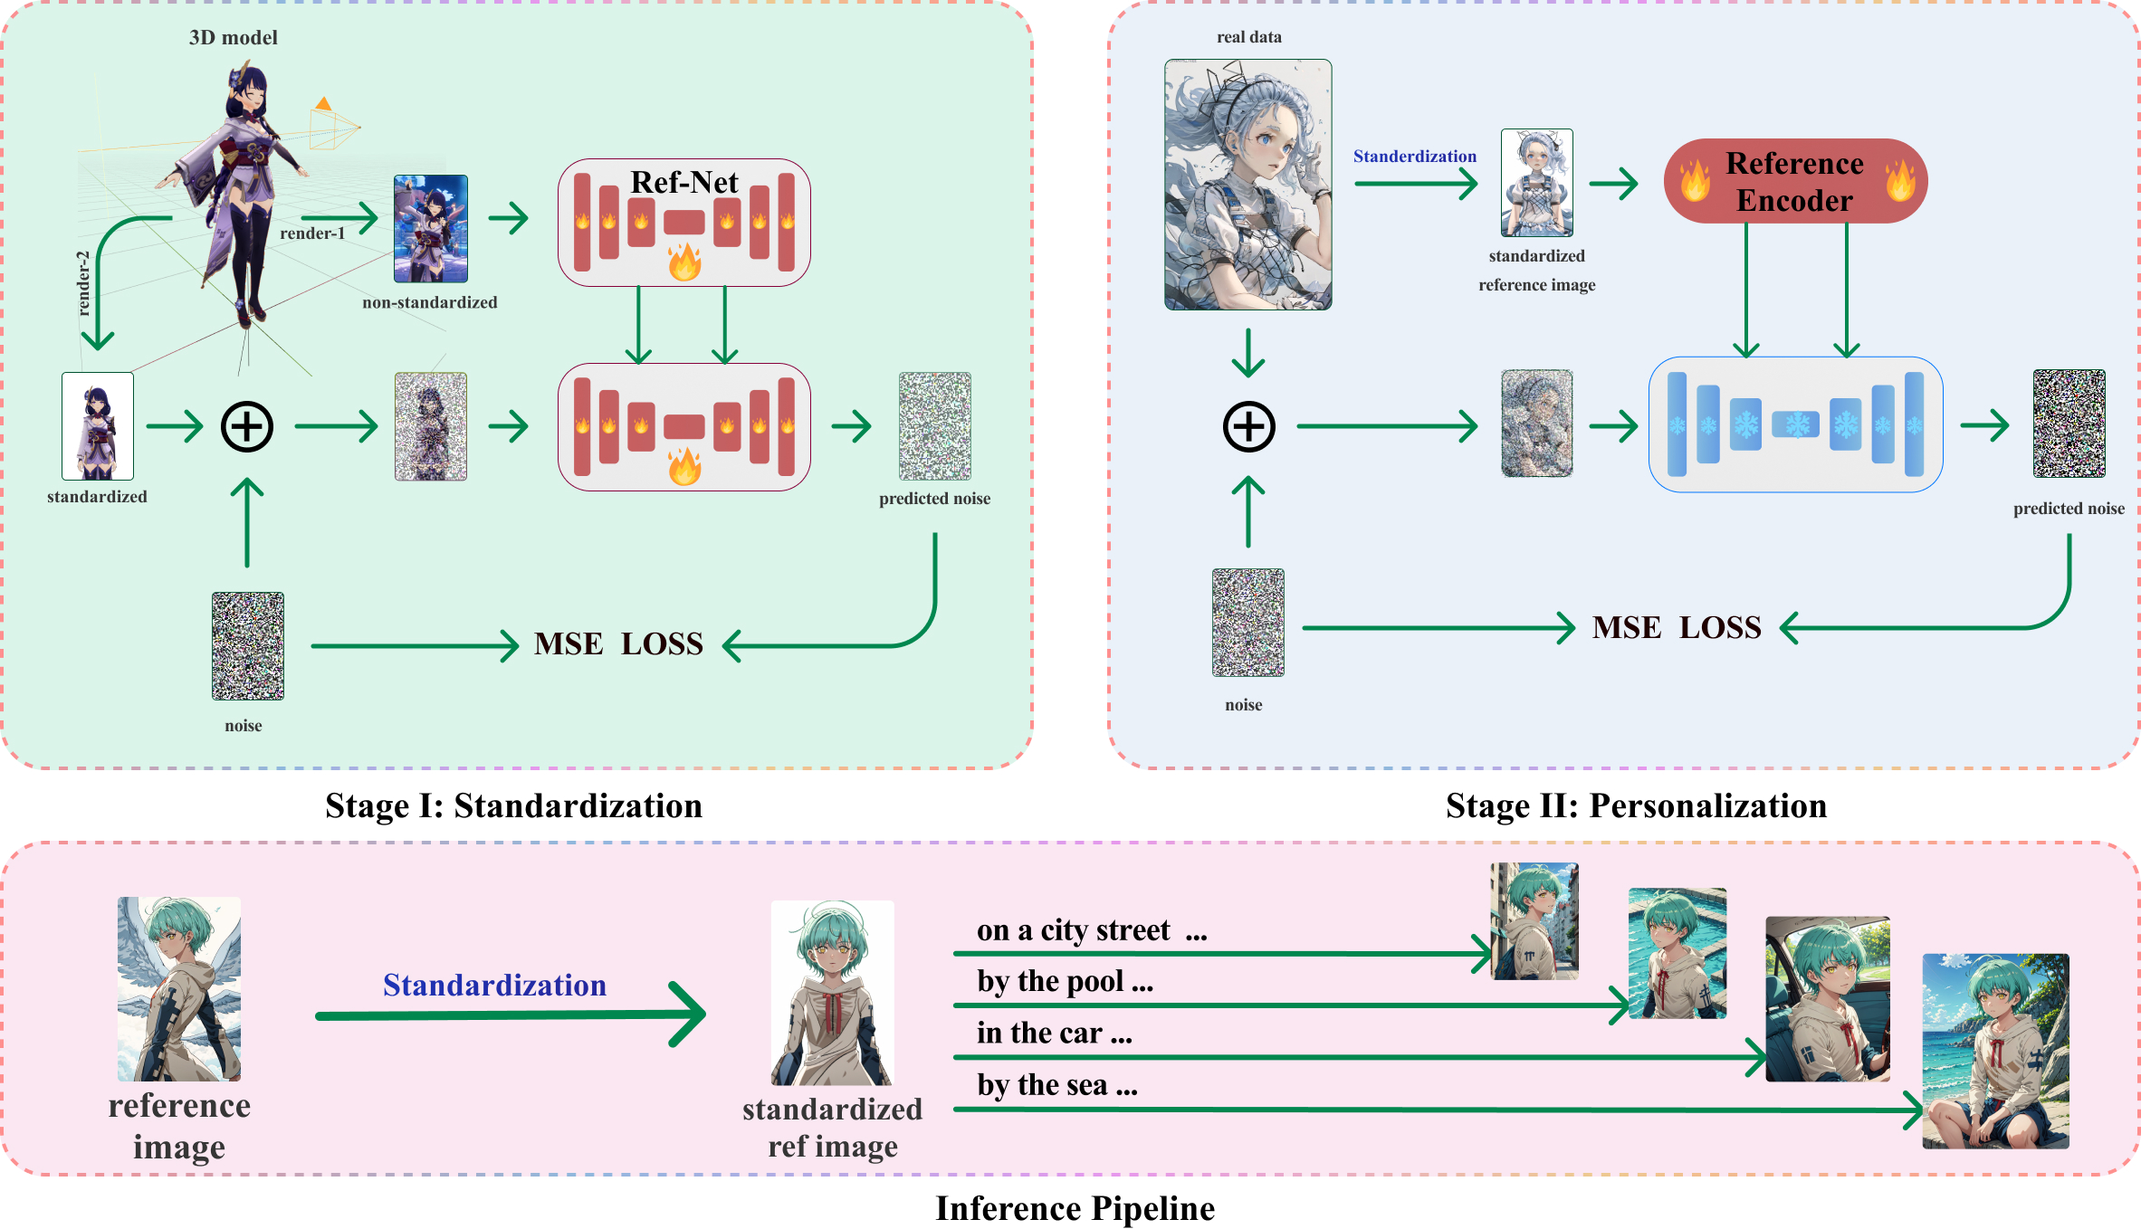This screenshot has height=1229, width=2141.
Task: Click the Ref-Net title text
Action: (683, 182)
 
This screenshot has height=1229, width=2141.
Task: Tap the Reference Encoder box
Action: (1794, 181)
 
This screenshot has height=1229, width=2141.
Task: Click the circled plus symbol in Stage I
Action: (247, 426)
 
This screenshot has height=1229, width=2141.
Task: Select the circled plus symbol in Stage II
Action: (1248, 426)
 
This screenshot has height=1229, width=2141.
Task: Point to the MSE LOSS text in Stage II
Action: (1677, 627)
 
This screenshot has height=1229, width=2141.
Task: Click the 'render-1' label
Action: (312, 233)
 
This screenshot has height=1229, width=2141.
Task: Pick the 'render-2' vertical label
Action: (84, 282)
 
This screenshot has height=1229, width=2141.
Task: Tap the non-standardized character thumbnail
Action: (431, 229)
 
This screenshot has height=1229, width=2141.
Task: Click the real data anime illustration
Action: (1247, 185)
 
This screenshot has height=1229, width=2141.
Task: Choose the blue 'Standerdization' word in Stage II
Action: (1414, 157)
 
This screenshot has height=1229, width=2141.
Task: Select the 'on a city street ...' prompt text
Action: (1091, 930)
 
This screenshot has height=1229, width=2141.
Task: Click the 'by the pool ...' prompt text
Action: (1065, 982)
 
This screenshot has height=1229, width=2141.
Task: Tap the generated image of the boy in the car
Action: (1827, 998)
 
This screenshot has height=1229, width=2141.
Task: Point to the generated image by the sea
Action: (1995, 1051)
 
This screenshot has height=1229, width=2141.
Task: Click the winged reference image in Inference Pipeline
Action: (179, 988)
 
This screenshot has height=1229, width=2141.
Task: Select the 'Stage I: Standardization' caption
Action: (513, 805)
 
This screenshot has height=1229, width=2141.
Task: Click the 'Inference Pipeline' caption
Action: (1075, 1208)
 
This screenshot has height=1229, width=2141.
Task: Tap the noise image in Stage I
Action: (247, 646)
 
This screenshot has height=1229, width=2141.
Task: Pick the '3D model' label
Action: (233, 38)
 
